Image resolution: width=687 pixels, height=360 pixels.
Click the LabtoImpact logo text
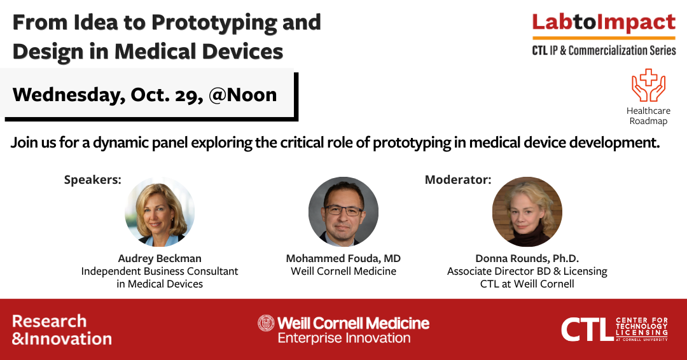coord(604,23)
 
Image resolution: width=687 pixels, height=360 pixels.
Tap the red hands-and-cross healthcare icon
coord(648,85)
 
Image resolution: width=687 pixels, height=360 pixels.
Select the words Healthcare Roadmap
coord(648,116)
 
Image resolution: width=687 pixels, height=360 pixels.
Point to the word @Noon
coord(243,95)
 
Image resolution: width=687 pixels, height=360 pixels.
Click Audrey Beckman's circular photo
coord(160,212)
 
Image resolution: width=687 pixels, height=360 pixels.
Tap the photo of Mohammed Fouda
coord(343,212)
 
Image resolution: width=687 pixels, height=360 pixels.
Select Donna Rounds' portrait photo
coord(527,212)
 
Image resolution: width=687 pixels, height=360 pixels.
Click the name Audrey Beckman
coord(160,258)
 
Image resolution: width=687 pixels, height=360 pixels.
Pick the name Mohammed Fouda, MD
coord(343,258)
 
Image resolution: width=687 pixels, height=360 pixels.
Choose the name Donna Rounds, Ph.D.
coord(527,258)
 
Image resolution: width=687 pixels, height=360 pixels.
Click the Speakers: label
coord(92,180)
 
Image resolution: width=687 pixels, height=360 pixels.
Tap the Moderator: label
coord(458,179)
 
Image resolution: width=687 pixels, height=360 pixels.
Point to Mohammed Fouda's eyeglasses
coord(343,211)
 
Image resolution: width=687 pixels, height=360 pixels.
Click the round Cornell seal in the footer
coord(266,323)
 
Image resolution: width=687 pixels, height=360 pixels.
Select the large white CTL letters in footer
coord(586,329)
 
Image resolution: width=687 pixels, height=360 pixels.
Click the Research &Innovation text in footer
coord(62,329)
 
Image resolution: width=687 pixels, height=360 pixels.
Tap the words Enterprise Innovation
coord(344,338)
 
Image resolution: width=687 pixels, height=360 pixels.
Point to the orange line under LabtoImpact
coord(604,38)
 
